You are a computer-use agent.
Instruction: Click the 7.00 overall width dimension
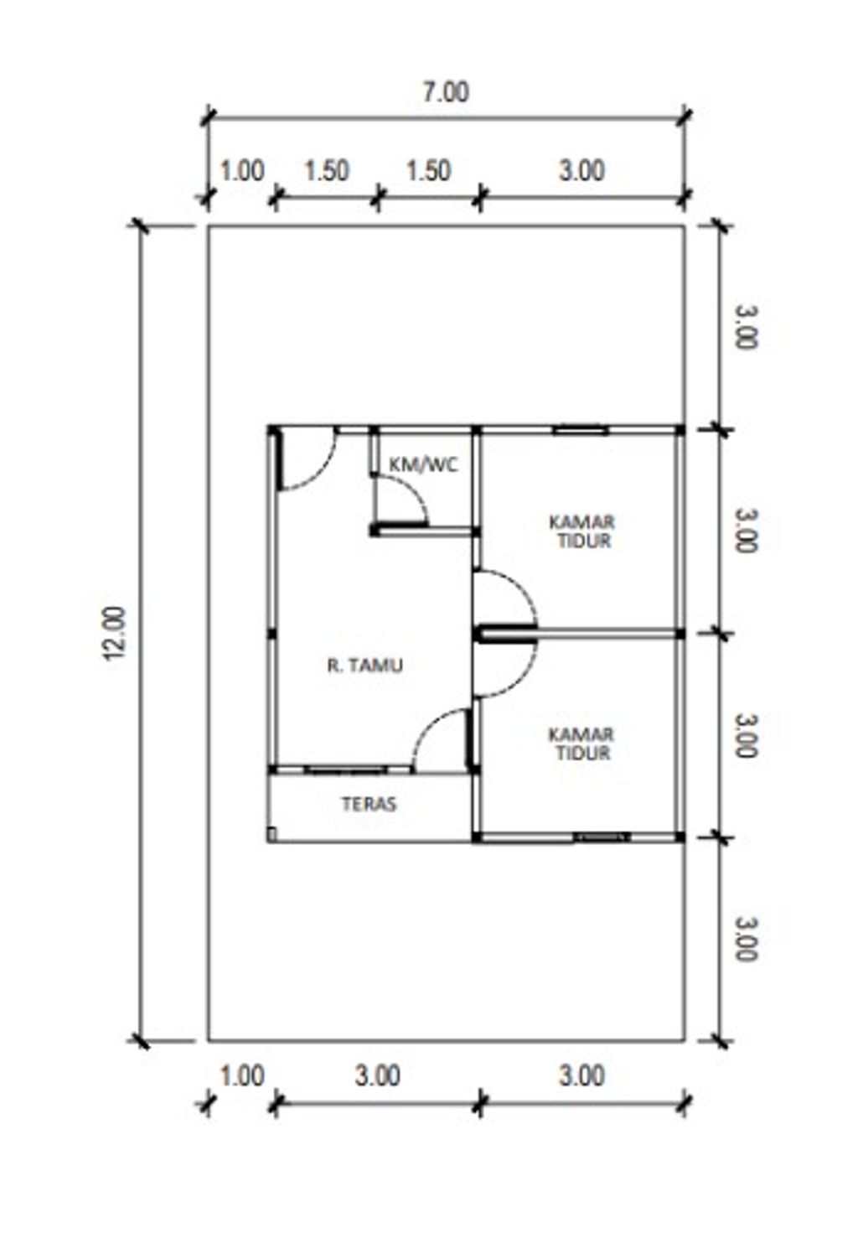(445, 92)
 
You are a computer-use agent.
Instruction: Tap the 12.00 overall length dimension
(115, 633)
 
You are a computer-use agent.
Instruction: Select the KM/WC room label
(423, 465)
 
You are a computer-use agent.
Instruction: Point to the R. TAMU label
(364, 666)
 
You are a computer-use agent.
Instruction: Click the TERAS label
(369, 804)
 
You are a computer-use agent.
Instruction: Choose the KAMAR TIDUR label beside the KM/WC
(581, 531)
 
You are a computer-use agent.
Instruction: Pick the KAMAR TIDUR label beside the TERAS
(581, 743)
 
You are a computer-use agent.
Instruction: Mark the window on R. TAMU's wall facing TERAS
(346, 769)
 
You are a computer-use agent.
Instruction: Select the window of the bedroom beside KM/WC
(581, 430)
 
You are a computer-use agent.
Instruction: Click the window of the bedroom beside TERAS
(602, 837)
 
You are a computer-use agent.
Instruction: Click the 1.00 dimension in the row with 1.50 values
(242, 171)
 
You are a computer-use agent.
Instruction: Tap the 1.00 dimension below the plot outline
(242, 1075)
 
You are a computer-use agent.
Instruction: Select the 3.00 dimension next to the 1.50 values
(581, 171)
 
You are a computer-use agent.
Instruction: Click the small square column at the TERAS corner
(271, 835)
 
